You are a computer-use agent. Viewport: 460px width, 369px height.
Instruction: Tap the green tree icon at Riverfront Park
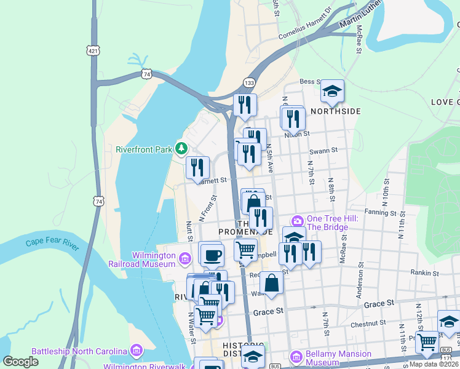pyautogui.click(x=181, y=148)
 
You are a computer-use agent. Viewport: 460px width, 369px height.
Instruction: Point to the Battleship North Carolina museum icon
pyautogui.click(x=137, y=351)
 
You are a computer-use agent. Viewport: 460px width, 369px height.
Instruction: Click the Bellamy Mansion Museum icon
pyautogui.click(x=296, y=357)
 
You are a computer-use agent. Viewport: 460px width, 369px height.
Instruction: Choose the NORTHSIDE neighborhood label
pyautogui.click(x=335, y=111)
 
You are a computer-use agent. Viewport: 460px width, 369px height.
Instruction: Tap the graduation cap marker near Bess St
pyautogui.click(x=332, y=92)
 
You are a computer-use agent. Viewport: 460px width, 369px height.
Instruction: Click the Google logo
pyautogui.click(x=20, y=362)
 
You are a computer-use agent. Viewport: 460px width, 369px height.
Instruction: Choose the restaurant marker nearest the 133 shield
pyautogui.click(x=245, y=105)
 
